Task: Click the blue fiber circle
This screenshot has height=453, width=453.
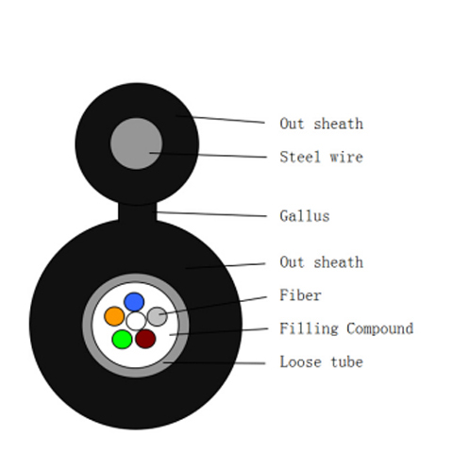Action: pyautogui.click(x=134, y=302)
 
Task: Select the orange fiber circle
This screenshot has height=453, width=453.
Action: pyautogui.click(x=114, y=316)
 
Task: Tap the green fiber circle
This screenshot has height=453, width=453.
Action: pyautogui.click(x=122, y=339)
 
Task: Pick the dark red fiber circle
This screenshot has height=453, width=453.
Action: pyautogui.click(x=145, y=339)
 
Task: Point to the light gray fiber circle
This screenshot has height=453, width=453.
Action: pyautogui.click(x=157, y=316)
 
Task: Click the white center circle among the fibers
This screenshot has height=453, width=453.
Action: pyautogui.click(x=136, y=321)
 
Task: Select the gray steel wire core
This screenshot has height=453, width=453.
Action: pyautogui.click(x=136, y=143)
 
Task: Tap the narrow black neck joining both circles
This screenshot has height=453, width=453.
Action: pyautogui.click(x=137, y=212)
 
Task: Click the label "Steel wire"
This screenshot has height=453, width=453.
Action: pyautogui.click(x=321, y=157)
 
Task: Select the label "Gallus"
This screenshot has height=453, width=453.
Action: pyautogui.click(x=305, y=216)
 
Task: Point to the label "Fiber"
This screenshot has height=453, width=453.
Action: pyautogui.click(x=300, y=295)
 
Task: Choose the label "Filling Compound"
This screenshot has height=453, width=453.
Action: pyautogui.click(x=346, y=328)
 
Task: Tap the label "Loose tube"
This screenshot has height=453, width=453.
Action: pyautogui.click(x=321, y=361)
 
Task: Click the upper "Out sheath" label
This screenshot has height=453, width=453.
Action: pyautogui.click(x=321, y=124)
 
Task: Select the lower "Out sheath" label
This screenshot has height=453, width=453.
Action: pyautogui.click(x=321, y=262)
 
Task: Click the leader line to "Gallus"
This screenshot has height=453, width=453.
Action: pyautogui.click(x=210, y=214)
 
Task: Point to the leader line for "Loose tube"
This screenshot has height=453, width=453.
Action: pyautogui.click(x=214, y=363)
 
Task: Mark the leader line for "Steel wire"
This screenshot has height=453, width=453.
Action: pyautogui.click(x=208, y=155)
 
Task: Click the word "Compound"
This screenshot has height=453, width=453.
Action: pyautogui.click(x=380, y=328)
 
